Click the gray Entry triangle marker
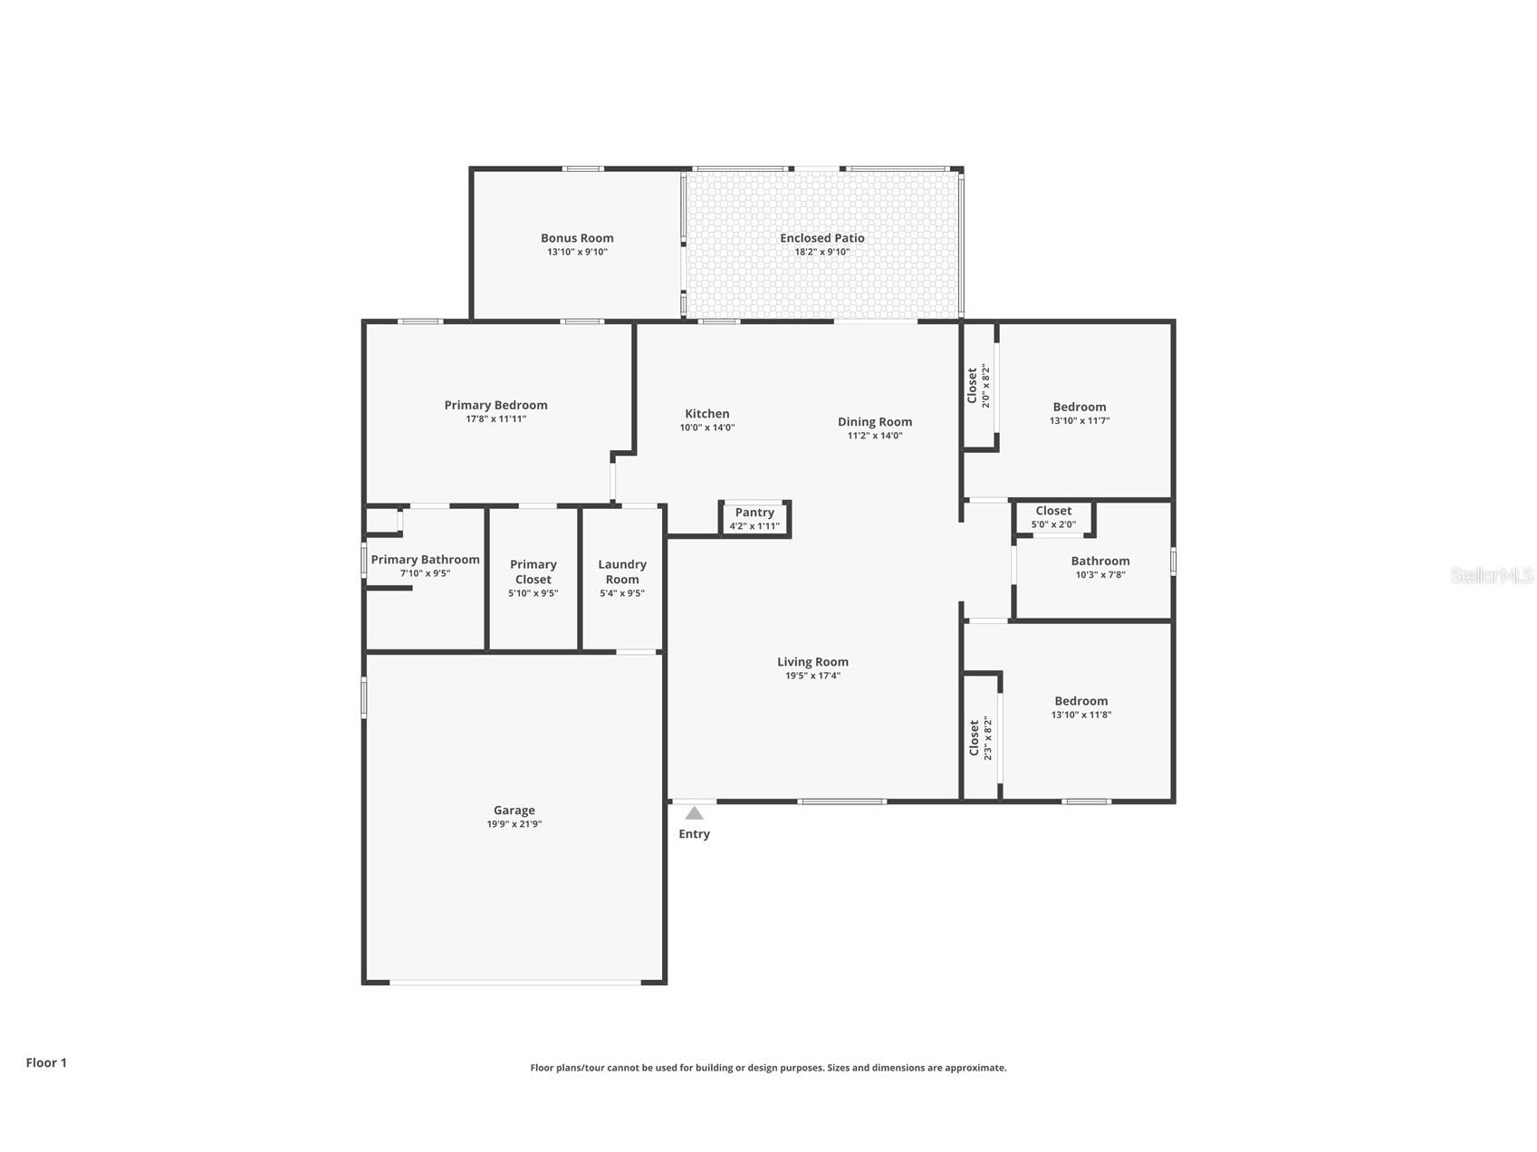(694, 813)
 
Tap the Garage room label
(514, 811)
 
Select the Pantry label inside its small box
(754, 513)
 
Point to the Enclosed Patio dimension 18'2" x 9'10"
(821, 252)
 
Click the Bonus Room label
(577, 238)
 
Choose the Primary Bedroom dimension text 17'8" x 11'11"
(495, 419)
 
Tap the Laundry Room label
(622, 571)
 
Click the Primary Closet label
(533, 571)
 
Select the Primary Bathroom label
(425, 560)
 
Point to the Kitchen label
(706, 414)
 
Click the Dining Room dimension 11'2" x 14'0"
(874, 436)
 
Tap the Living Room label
(812, 662)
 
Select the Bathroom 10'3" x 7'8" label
(1100, 562)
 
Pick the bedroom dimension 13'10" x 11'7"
(1079, 421)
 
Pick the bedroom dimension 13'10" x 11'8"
(1081, 715)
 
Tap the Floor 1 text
(46, 1062)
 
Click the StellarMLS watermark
(1491, 575)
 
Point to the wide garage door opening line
(514, 982)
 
